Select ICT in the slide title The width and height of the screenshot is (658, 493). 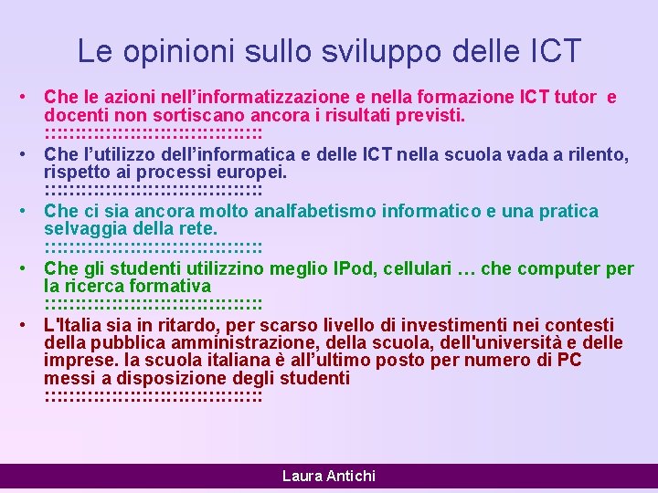click(x=550, y=51)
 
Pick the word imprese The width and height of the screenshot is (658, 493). click(x=78, y=362)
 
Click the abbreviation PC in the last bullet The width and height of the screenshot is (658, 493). click(x=568, y=362)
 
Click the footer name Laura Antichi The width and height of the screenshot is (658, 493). click(x=329, y=476)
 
